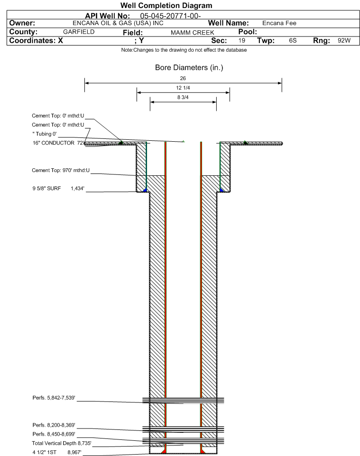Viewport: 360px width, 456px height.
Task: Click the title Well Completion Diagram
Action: (166, 6)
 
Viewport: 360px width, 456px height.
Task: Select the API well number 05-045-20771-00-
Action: (171, 16)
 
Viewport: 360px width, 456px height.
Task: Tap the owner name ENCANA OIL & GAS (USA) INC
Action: (118, 23)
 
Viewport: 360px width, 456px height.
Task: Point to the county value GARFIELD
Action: (79, 32)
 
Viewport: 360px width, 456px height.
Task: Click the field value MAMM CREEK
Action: (193, 33)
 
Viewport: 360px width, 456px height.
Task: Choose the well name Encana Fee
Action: (279, 23)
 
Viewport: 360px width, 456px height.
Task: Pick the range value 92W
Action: (344, 40)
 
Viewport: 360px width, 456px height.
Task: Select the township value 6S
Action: (293, 40)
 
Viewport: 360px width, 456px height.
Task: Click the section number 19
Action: (241, 40)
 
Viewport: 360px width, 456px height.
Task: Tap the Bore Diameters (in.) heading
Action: (189, 68)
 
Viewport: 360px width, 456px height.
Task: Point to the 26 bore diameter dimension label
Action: (183, 78)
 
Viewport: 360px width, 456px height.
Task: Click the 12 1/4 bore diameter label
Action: (183, 88)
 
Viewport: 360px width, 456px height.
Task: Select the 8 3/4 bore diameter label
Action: (183, 97)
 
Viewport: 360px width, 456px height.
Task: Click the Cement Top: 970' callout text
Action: (61, 170)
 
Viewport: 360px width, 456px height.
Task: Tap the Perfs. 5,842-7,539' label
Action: (54, 398)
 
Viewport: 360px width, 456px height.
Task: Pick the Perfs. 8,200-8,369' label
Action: (54, 425)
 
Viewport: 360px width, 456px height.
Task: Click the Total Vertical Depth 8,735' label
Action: (62, 443)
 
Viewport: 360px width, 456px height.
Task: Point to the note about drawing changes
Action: (184, 50)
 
